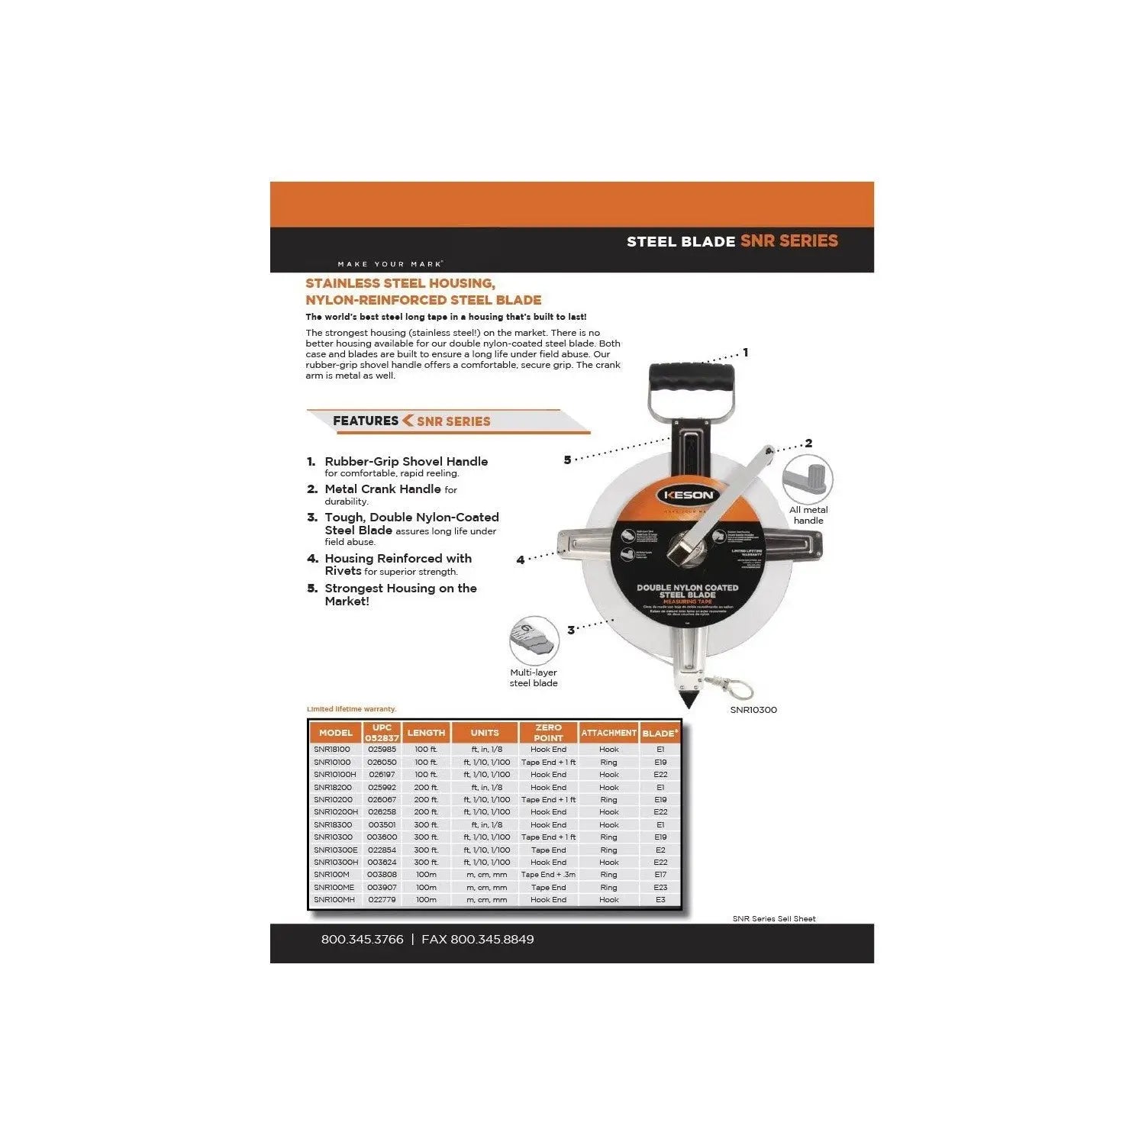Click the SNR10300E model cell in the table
click(335, 850)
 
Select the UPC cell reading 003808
click(382, 875)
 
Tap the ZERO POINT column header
click(548, 733)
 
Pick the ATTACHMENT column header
click(608, 733)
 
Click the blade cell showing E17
click(660, 875)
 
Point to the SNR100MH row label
click(334, 900)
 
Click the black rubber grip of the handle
click(692, 378)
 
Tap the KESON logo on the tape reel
click(688, 495)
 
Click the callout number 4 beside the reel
click(521, 560)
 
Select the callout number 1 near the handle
click(746, 353)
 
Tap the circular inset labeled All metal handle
click(808, 479)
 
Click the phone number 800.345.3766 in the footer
click(362, 940)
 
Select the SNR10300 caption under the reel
click(753, 710)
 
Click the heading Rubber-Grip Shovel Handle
click(406, 461)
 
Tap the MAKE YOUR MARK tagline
click(389, 264)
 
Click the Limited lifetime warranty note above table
click(352, 709)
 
